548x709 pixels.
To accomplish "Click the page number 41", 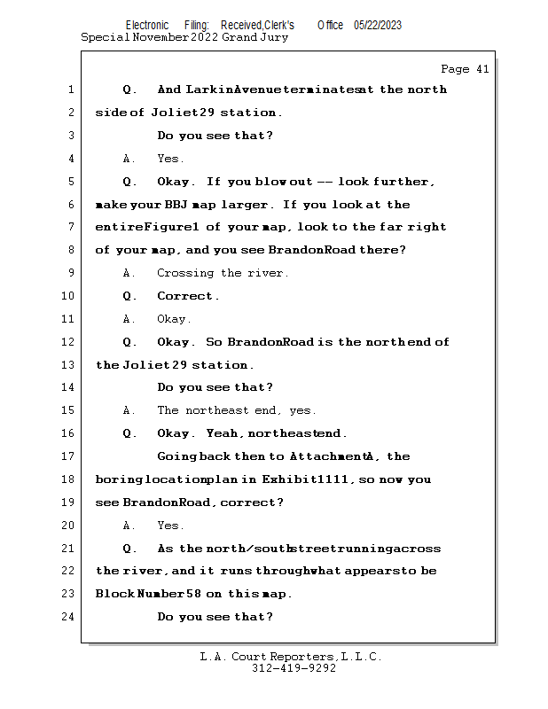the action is point(482,69).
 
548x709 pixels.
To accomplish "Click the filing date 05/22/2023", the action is point(378,26).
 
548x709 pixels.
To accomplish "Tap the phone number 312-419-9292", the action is point(294,668).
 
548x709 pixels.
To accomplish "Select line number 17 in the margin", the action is point(68,456).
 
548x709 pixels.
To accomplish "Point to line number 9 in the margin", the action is point(71,273).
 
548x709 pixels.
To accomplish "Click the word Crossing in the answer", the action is point(185,273).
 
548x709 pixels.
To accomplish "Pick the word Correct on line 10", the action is point(184,296).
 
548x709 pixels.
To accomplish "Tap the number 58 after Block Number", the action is point(193,593).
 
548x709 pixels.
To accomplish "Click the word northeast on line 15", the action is point(216,410).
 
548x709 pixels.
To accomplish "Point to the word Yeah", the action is point(222,433).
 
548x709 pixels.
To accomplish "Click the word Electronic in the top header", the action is point(147,26).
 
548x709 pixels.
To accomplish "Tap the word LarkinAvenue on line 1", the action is point(233,90).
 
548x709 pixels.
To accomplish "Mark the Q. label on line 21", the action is point(129,549).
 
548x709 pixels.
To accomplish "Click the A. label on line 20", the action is point(129,526).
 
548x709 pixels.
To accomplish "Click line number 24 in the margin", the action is point(68,617).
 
